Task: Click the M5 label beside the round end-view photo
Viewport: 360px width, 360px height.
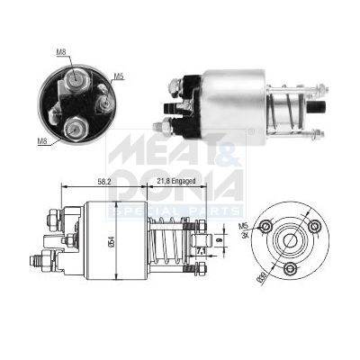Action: [x=117, y=76]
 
